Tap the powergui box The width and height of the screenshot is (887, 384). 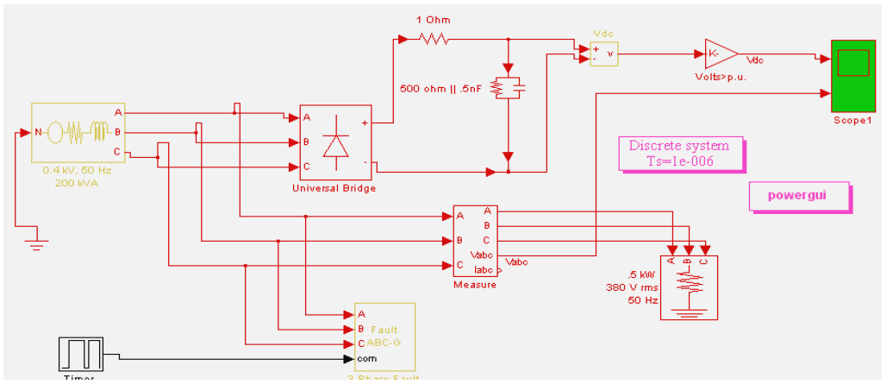tap(799, 196)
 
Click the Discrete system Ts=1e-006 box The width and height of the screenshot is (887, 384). tap(678, 153)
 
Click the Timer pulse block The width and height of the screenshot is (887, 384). tap(79, 354)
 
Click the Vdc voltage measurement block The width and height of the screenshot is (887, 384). tap(603, 53)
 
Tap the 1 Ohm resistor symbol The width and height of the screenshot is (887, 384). tap(433, 38)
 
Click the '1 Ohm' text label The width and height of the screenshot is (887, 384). tap(433, 20)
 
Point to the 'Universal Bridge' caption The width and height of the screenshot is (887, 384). tap(334, 188)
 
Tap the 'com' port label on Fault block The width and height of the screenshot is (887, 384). tap(366, 358)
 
